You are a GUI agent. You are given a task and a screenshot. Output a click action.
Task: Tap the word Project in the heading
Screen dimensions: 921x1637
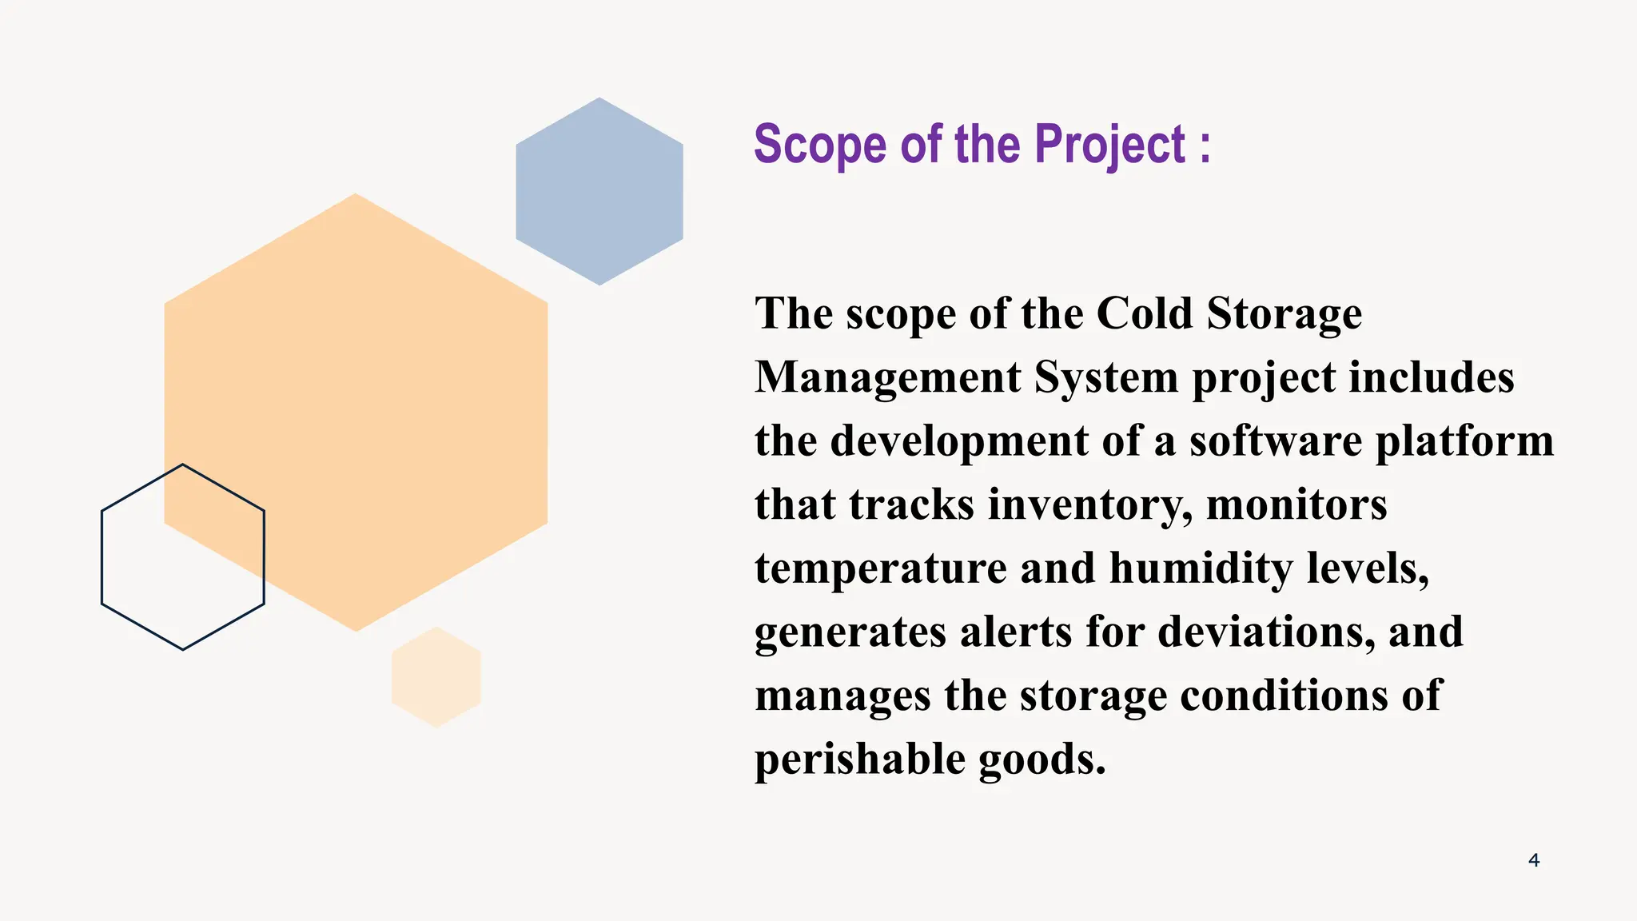[1109, 146]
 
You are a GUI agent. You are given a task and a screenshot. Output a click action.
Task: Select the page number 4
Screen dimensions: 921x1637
[1533, 860]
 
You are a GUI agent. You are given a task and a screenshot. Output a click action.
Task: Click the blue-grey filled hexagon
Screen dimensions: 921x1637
[599, 192]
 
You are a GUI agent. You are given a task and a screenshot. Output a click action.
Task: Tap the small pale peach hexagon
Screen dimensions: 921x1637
[436, 677]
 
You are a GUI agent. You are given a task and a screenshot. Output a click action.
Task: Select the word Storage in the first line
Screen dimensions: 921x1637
[1284, 313]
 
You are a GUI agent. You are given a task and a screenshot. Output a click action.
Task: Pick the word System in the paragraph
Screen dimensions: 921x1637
[1106, 377]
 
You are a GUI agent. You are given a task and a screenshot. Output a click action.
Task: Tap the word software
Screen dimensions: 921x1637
[1275, 441]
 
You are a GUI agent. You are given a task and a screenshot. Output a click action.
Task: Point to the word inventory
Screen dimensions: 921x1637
[1090, 505]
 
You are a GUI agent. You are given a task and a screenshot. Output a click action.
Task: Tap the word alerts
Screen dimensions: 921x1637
[1015, 632]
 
